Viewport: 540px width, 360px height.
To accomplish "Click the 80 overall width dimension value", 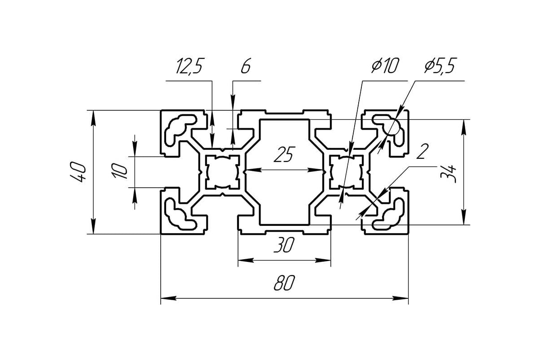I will (x=284, y=283).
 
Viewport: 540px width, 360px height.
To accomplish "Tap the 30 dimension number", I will (x=284, y=246).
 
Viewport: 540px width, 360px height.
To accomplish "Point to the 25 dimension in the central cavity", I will (x=284, y=155).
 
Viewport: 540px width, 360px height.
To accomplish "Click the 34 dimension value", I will (x=450, y=173).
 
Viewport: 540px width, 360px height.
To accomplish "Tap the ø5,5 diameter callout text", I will (x=440, y=67).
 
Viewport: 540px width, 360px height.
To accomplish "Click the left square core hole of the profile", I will (x=221, y=171).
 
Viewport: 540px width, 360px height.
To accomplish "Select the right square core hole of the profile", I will (x=346, y=171).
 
